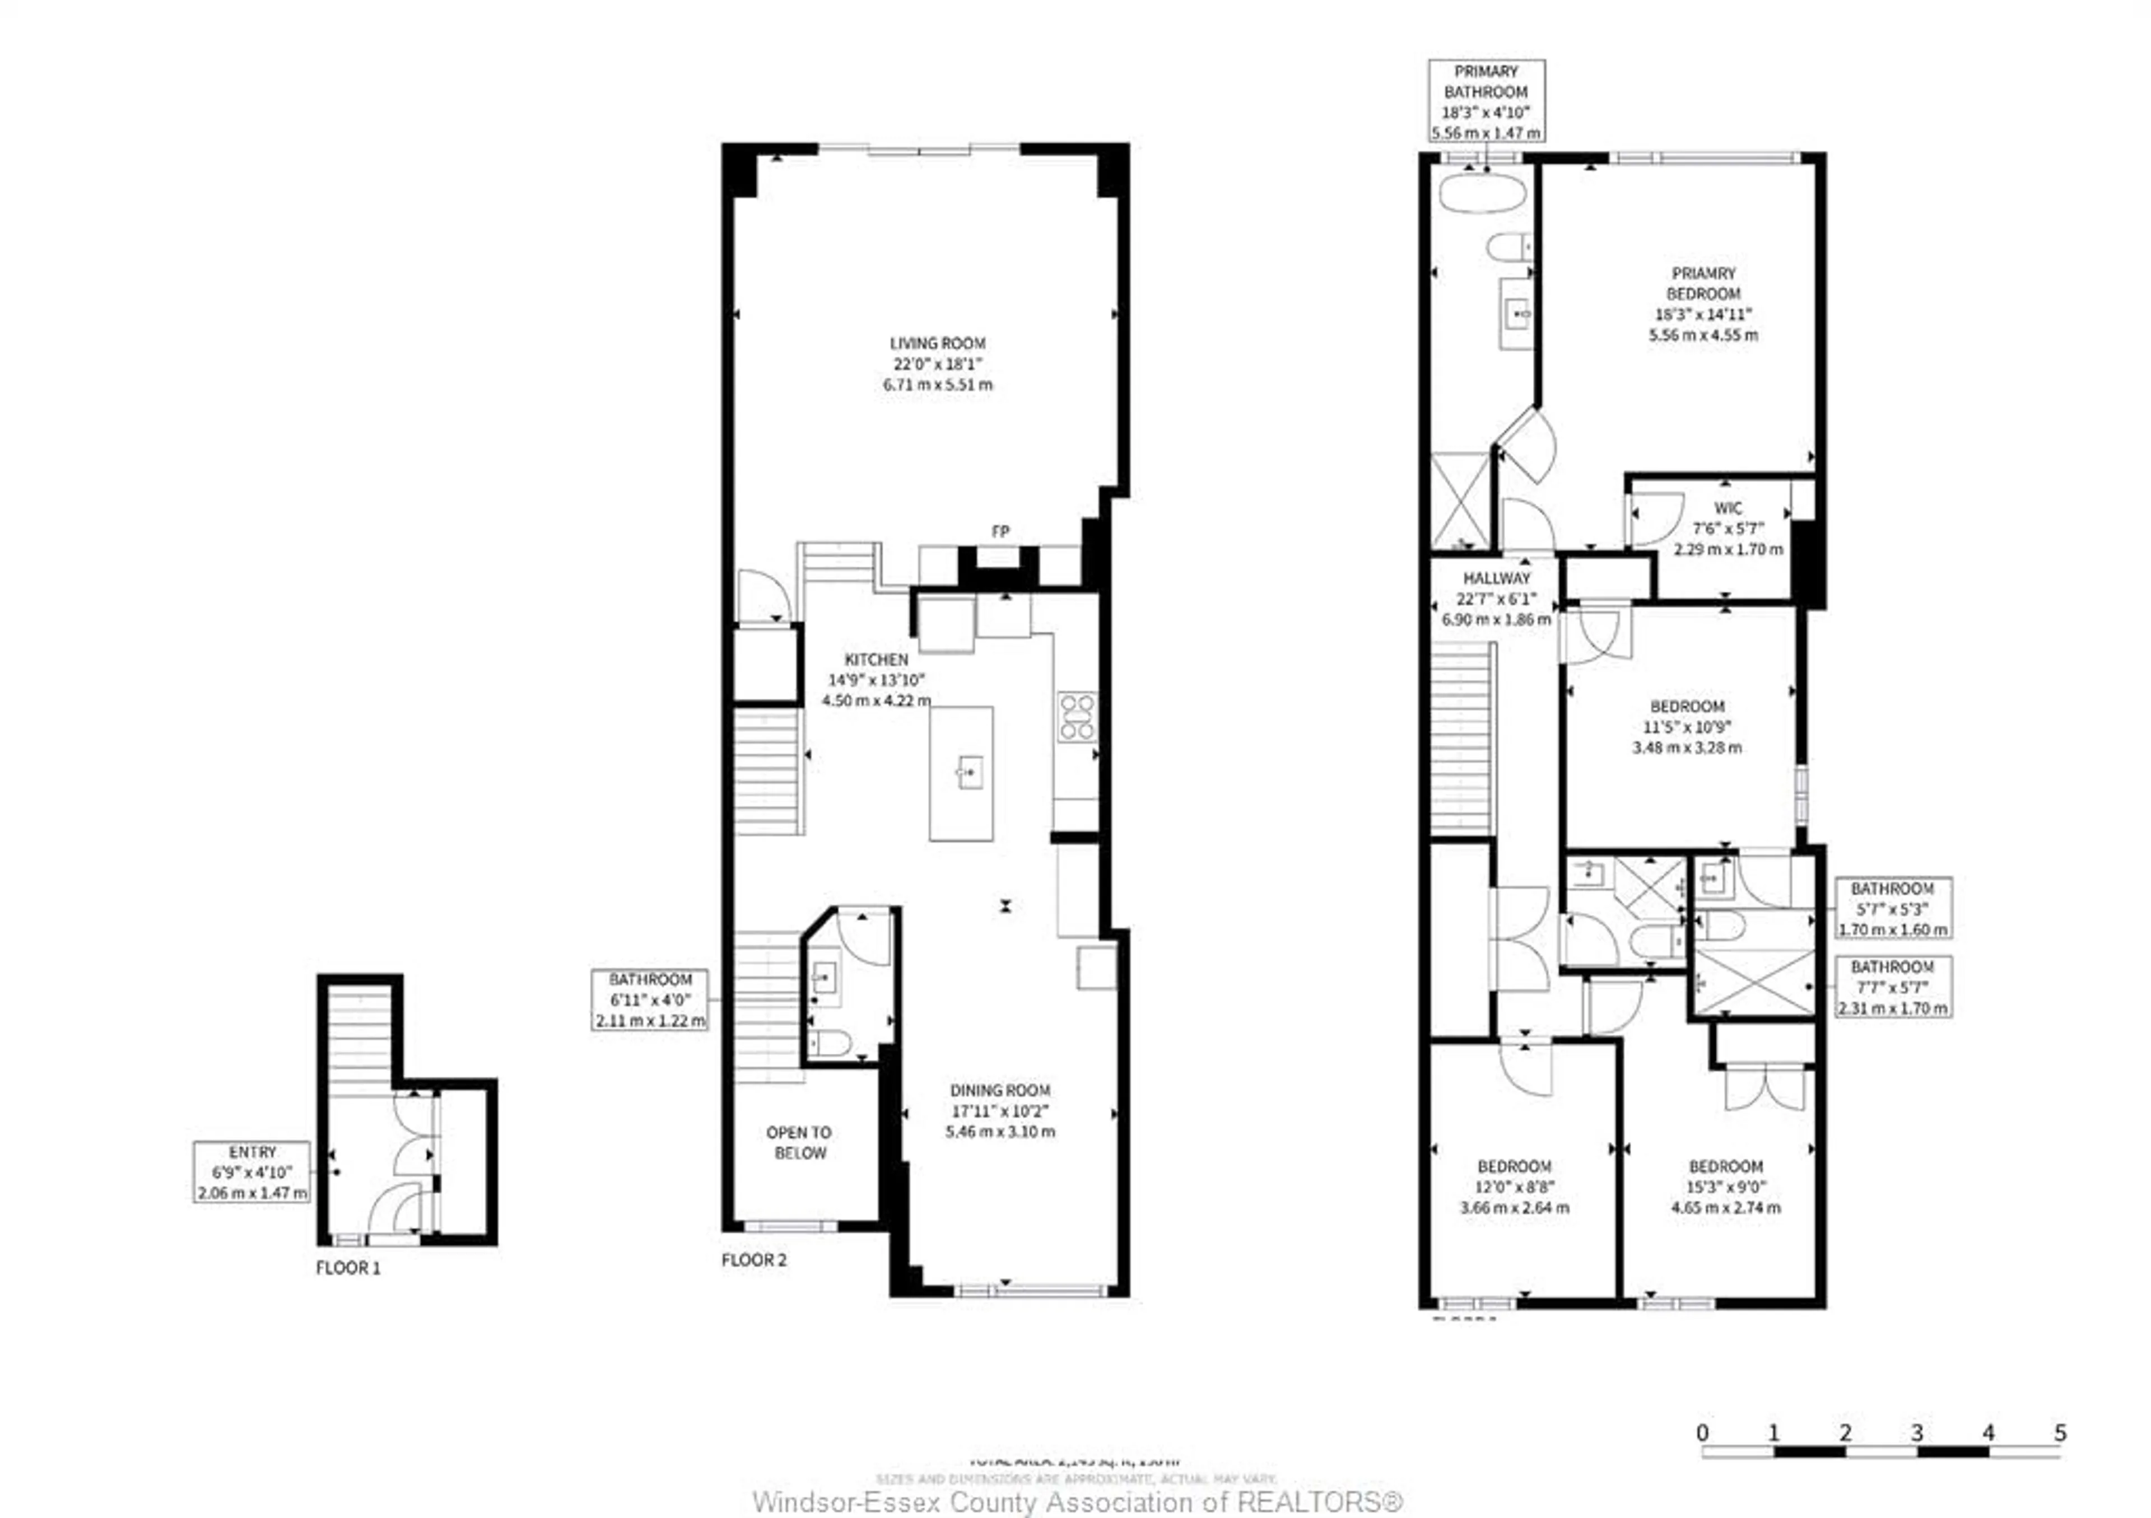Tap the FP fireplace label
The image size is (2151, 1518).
click(1000, 531)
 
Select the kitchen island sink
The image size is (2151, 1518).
click(970, 773)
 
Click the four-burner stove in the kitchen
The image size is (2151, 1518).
click(1077, 716)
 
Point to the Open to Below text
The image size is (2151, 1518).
click(799, 1142)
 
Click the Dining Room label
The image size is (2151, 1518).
click(1000, 1110)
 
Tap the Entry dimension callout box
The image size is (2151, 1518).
click(251, 1171)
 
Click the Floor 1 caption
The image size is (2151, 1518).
click(347, 1268)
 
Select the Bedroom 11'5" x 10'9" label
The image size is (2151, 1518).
click(1686, 727)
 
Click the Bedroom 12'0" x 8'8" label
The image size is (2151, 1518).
click(1514, 1187)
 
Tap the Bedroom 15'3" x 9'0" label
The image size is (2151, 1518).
click(1726, 1187)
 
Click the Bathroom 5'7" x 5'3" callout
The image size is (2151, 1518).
click(1892, 908)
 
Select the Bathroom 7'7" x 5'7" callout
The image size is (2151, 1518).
click(1892, 986)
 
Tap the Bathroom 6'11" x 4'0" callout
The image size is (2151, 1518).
click(649, 999)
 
